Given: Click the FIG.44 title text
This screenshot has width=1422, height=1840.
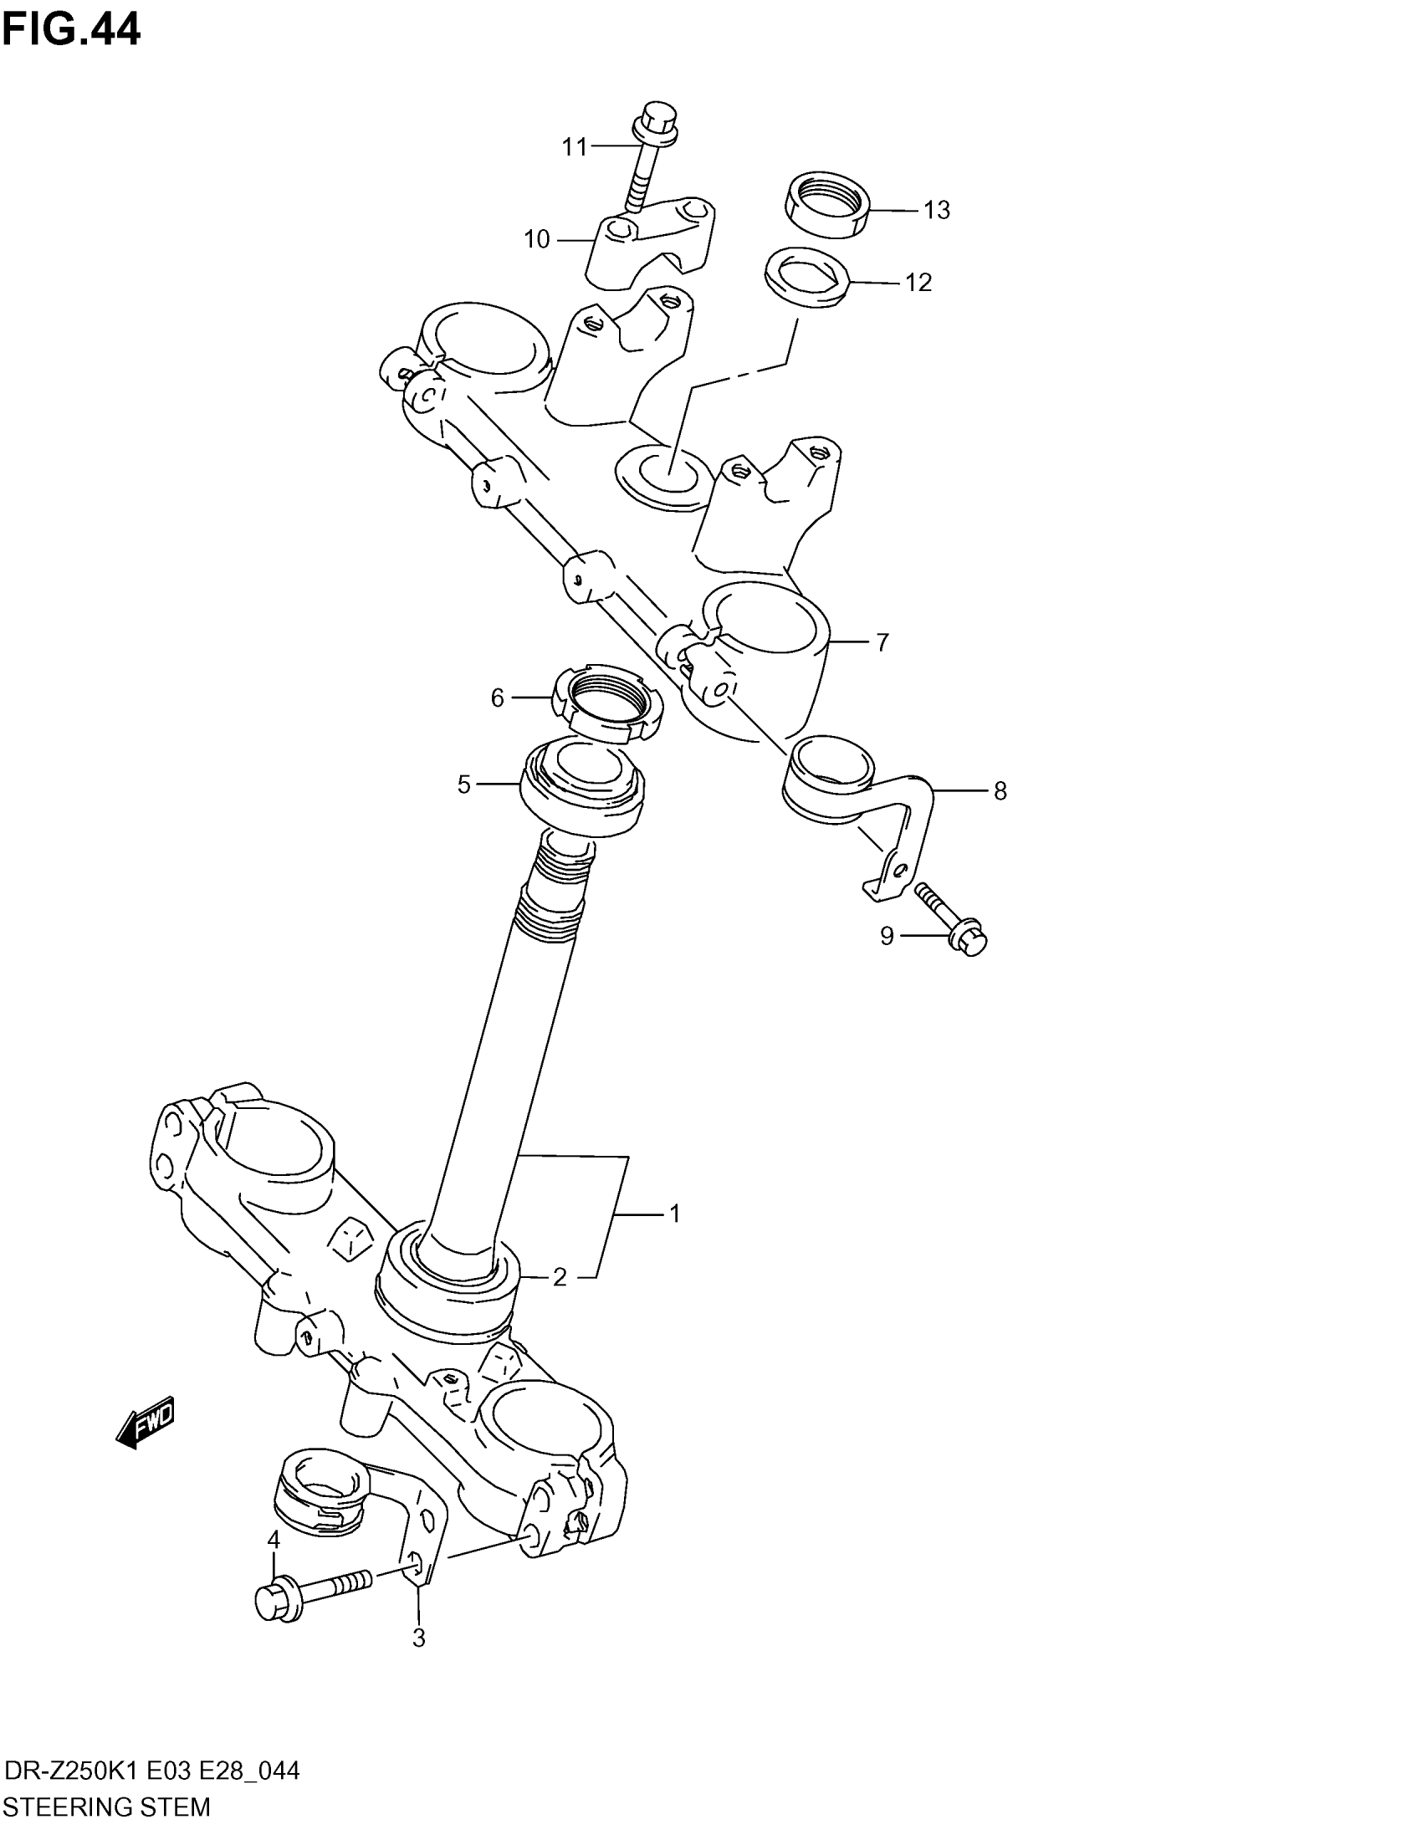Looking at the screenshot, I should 71,30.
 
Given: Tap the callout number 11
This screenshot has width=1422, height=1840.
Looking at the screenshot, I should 574,147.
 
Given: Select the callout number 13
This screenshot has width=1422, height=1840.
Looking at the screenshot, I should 936,210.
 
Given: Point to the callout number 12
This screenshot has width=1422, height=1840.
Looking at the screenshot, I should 918,282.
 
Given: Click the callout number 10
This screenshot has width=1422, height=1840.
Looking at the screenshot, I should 537,240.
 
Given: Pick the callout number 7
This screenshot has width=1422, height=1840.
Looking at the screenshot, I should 882,643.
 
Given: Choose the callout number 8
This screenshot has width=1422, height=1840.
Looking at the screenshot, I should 1000,791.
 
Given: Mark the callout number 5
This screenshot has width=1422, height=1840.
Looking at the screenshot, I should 463,785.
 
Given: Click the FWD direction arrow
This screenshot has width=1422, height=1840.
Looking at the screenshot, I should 146,1422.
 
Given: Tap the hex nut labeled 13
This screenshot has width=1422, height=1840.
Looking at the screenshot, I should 826,206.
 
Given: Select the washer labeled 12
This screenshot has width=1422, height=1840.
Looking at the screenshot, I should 806,276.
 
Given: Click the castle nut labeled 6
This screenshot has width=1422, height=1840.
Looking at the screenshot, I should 607,700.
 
